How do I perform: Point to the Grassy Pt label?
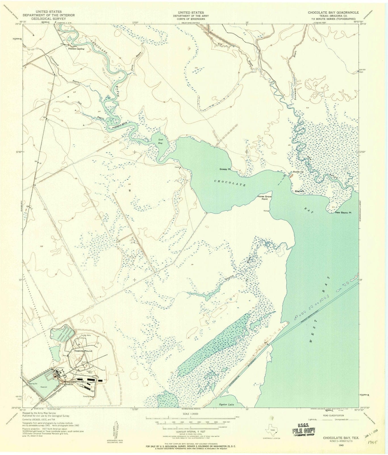[225, 169]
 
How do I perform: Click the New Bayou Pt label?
[343, 212]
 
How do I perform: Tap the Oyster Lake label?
[227, 404]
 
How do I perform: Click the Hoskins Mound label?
[81, 351]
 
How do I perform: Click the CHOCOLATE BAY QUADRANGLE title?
[333, 13]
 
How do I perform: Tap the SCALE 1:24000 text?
[190, 414]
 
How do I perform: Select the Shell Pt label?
[299, 191]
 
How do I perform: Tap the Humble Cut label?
[298, 172]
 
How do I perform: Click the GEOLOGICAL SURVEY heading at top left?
[49, 18]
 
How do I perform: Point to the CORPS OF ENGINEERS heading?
[191, 19]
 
